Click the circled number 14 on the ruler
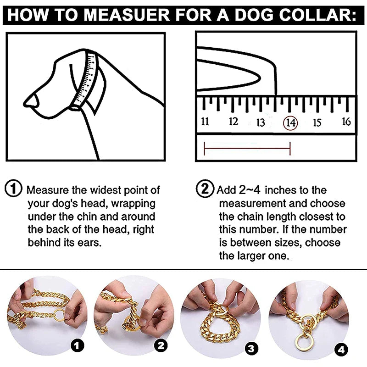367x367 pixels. pyautogui.click(x=290, y=122)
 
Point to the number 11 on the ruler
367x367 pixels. pyautogui.click(x=205, y=122)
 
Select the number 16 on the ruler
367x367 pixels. pyautogui.click(x=346, y=121)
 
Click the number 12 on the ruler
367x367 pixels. pyautogui.click(x=234, y=122)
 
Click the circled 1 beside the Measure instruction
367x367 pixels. pyautogui.click(x=14, y=189)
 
